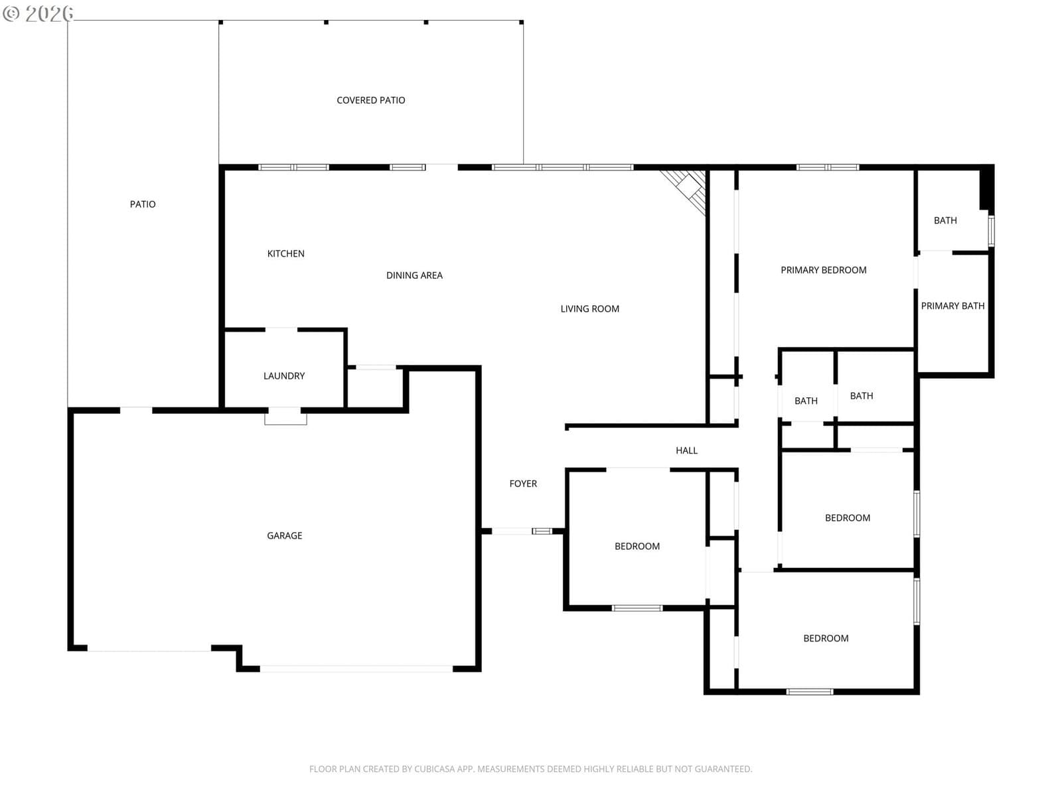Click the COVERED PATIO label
370,100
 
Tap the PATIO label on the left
143,204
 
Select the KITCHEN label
285,253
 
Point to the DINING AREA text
414,275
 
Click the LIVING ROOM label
590,308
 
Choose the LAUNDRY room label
284,375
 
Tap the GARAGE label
285,535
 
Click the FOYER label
523,484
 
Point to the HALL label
686,450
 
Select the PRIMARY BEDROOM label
824,270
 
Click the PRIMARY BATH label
952,305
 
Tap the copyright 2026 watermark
38,13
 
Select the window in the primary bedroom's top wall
828,167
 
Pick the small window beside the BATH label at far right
991,231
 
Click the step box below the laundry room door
285,416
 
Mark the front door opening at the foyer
512,531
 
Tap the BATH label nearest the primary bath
945,220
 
